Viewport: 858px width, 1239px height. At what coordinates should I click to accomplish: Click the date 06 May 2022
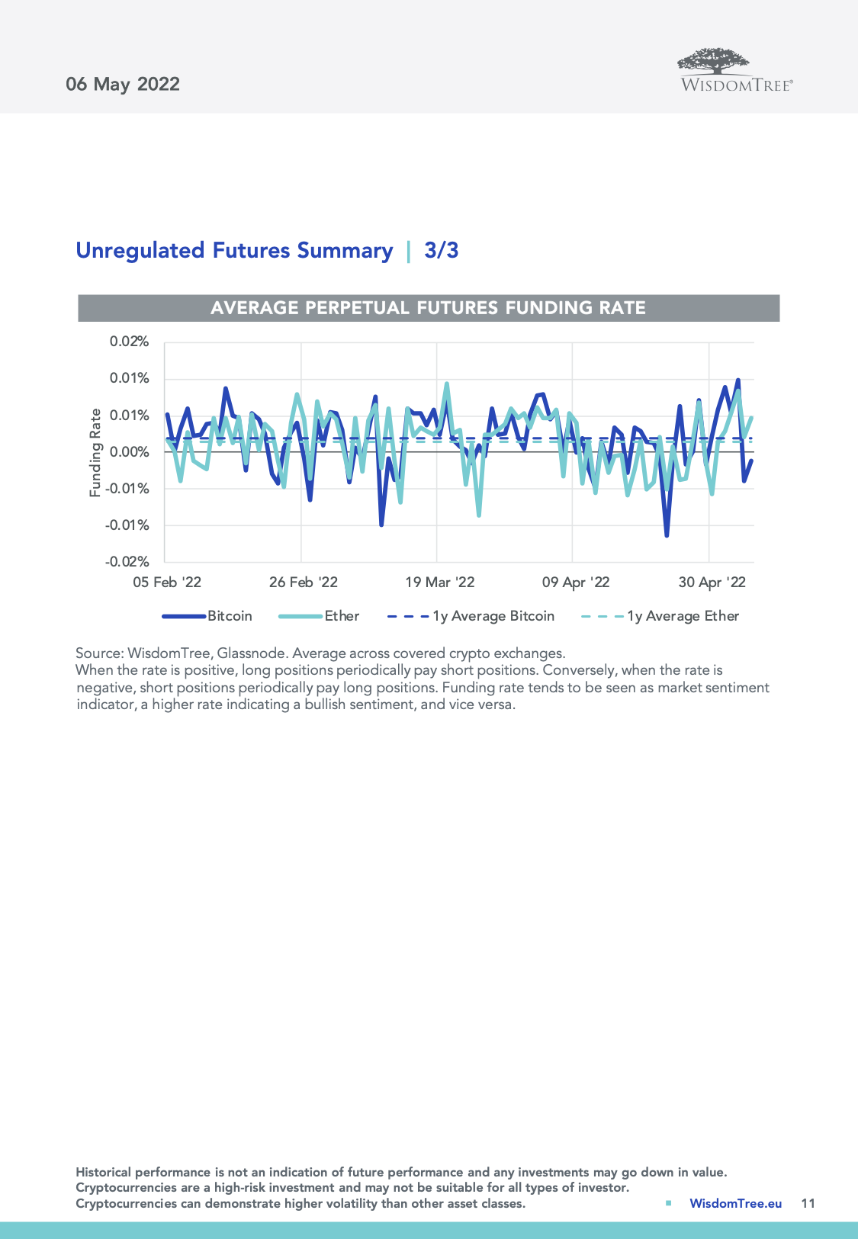pos(123,84)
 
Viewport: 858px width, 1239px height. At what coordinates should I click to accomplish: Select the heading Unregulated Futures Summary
pos(234,251)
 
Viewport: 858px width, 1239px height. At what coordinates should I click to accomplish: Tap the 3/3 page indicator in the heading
pos(442,251)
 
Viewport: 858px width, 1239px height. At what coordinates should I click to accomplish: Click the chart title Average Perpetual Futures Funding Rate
pos(428,308)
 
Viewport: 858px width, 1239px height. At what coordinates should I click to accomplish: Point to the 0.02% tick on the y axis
pos(129,342)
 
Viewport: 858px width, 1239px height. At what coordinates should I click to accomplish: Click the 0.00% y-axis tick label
pos(129,452)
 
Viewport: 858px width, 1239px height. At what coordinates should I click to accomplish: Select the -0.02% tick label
pos(127,562)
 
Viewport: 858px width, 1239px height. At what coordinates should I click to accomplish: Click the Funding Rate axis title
pos(95,453)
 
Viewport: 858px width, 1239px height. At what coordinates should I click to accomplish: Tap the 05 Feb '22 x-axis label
pos(167,583)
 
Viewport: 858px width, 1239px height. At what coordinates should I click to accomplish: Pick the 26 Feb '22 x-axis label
pos(304,583)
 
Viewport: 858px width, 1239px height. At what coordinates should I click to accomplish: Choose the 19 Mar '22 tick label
pos(440,583)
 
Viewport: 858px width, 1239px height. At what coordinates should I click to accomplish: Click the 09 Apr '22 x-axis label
pos(576,583)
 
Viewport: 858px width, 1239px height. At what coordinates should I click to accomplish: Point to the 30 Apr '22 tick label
pos(712,583)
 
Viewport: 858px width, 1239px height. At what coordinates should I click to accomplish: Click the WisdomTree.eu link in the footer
pos(735,1203)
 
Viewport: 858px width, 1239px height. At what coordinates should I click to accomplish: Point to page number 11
pos(808,1203)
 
